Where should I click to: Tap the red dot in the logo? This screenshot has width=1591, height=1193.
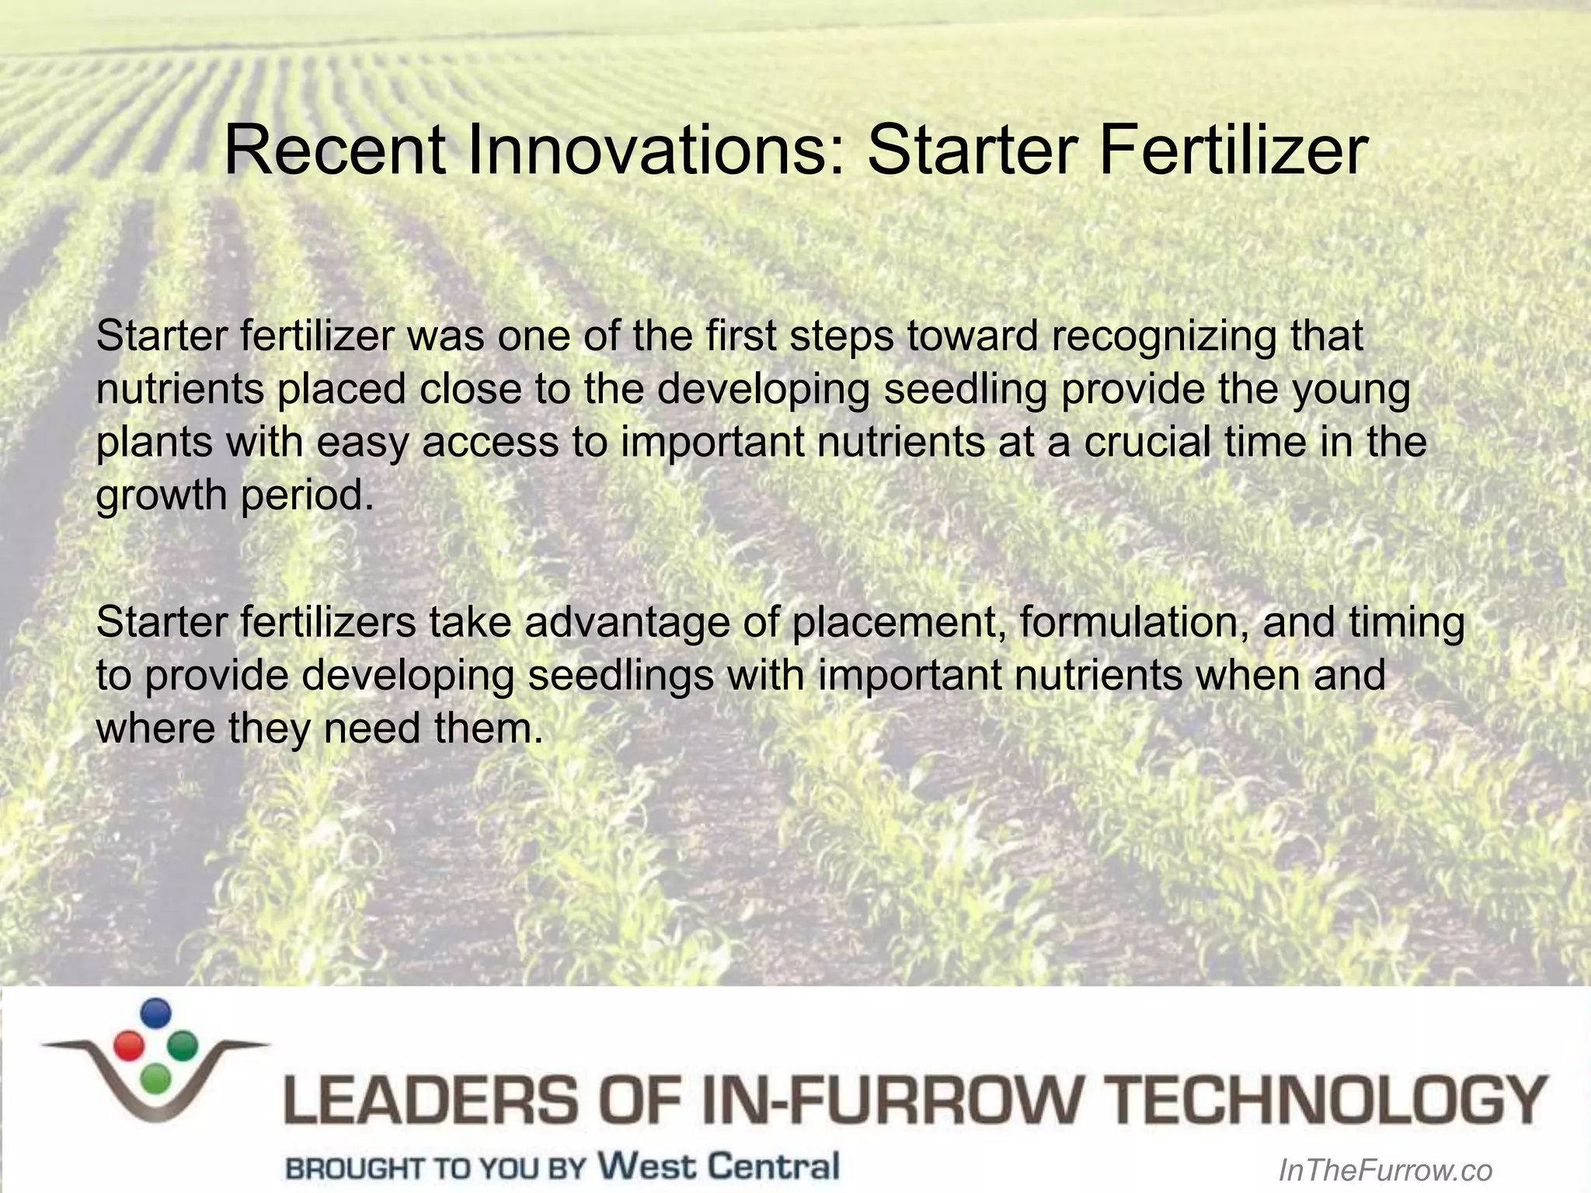point(127,1045)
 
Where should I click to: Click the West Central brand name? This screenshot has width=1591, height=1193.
point(719,1166)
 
